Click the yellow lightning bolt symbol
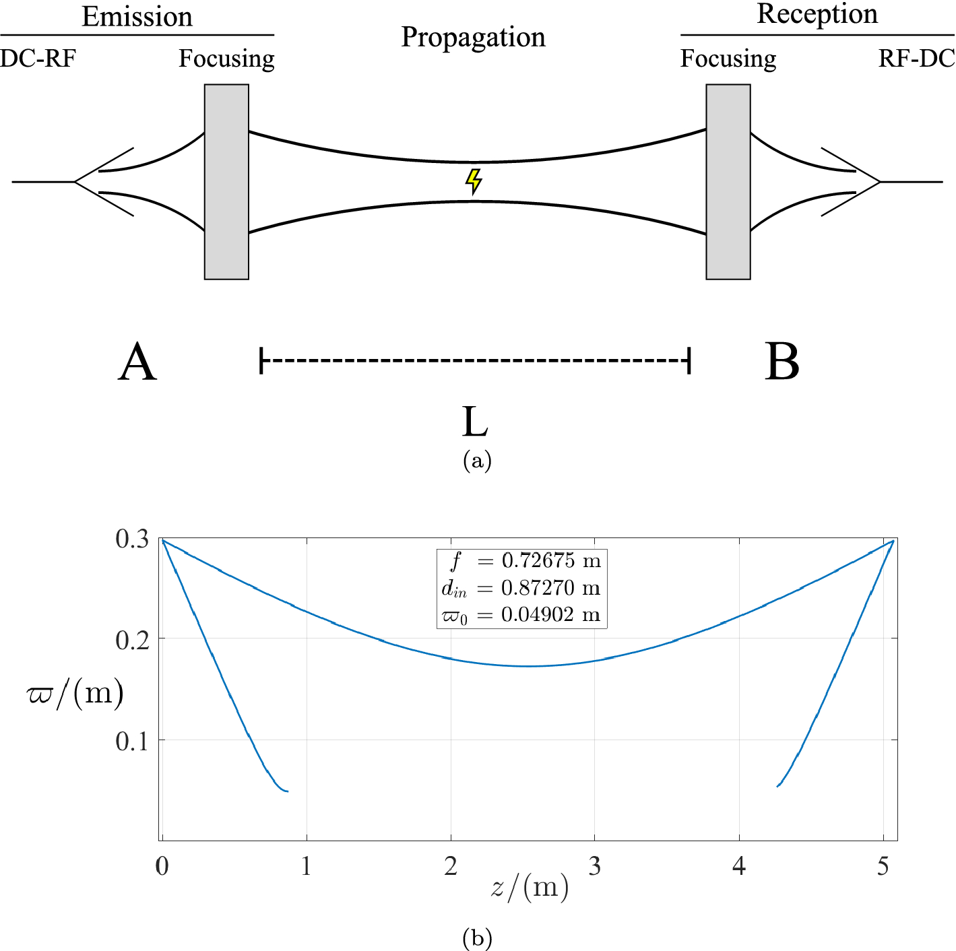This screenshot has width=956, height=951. click(x=474, y=181)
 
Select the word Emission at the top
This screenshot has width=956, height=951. click(x=137, y=17)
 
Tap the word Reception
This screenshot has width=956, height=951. click(x=817, y=14)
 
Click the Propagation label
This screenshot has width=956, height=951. click(x=473, y=38)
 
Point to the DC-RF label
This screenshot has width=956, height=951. click(x=38, y=59)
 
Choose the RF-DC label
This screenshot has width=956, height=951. click(x=916, y=59)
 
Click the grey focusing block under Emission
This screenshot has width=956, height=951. click(x=226, y=181)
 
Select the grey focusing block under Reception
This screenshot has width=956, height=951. click(x=728, y=181)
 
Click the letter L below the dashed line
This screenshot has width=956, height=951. click(x=475, y=422)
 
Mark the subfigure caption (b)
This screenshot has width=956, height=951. click(x=477, y=938)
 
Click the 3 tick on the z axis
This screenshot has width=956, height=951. click(x=594, y=866)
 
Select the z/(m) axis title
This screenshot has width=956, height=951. click(x=530, y=888)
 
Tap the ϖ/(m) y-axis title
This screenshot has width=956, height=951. click(x=74, y=693)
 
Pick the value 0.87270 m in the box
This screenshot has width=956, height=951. click(x=550, y=588)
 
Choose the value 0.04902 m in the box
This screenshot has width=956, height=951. click(x=550, y=615)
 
